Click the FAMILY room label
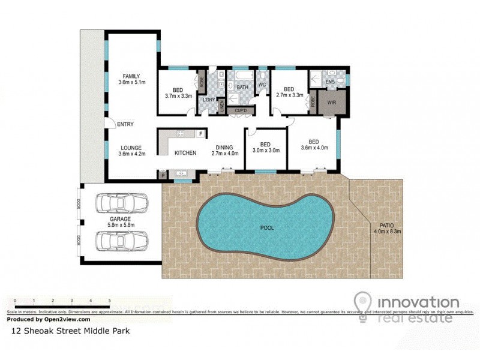pyautogui.click(x=131, y=76)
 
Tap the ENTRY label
pyautogui.click(x=125, y=124)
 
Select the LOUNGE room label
pyautogui.click(x=130, y=148)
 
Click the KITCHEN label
pyautogui.click(x=185, y=153)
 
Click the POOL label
pyautogui.click(x=267, y=229)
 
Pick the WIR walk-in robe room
pyautogui.click(x=332, y=102)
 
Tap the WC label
pyautogui.click(x=262, y=85)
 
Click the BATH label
pyautogui.click(x=242, y=88)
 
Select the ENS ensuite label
pyautogui.click(x=330, y=82)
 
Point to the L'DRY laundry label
pyautogui.click(x=209, y=99)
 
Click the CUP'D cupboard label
pyautogui.click(x=241, y=110)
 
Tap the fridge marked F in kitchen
pyautogui.click(x=200, y=133)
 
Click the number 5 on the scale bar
pyautogui.click(x=109, y=300)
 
